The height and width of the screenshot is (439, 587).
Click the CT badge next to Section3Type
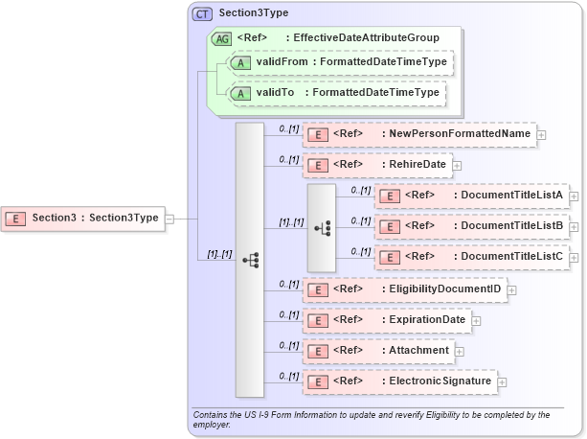(202, 14)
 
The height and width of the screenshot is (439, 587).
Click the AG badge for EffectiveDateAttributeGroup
(221, 38)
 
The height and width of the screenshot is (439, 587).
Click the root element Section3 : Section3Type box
(83, 218)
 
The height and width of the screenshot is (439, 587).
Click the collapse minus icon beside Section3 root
(169, 218)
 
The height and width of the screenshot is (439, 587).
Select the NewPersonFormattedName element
(419, 134)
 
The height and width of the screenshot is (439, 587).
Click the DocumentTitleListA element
(472, 196)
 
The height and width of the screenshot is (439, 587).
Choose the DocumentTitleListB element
(472, 226)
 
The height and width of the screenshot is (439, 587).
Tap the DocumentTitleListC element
(472, 257)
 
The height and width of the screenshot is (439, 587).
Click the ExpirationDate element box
(387, 319)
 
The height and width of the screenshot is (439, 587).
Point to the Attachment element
(378, 351)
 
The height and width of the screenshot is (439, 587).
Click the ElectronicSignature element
(399, 381)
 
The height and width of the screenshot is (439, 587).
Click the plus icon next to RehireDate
(458, 166)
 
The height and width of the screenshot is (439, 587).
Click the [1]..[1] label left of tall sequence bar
(220, 254)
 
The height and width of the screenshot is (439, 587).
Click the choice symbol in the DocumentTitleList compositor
(323, 227)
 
